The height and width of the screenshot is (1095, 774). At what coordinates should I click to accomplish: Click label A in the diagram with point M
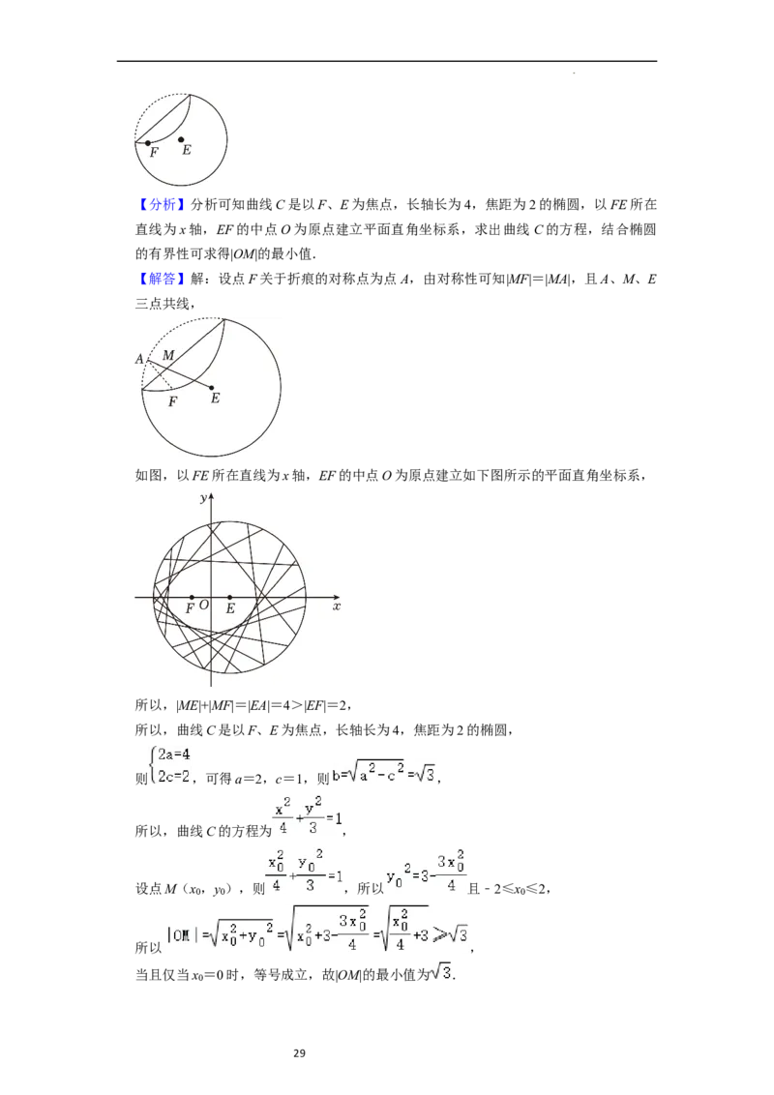click(139, 359)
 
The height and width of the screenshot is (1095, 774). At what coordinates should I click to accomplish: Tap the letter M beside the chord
click(168, 356)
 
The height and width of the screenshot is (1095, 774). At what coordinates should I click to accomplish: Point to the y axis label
click(202, 498)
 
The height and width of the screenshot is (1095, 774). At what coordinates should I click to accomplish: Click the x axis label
click(336, 607)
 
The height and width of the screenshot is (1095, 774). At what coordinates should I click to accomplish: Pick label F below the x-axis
click(191, 607)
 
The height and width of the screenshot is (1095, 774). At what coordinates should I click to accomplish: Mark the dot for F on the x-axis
click(192, 597)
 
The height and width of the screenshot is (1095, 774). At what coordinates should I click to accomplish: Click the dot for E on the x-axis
click(229, 597)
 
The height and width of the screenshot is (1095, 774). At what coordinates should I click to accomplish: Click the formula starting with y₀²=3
click(427, 871)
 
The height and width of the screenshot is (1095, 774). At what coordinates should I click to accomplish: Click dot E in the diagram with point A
click(212, 387)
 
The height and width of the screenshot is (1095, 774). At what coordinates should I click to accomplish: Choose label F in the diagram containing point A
click(172, 400)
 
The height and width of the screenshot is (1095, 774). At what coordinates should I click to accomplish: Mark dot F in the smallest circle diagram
click(148, 143)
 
